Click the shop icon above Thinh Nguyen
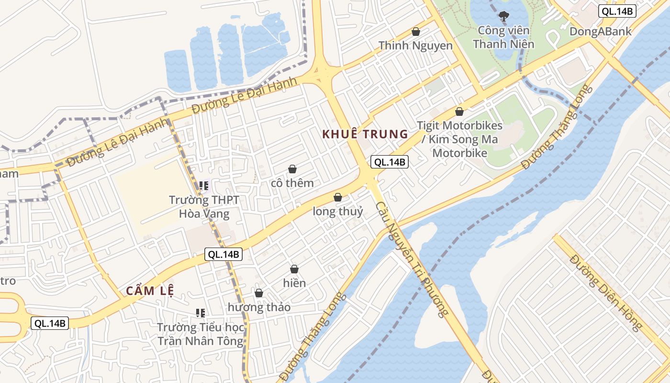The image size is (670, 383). coord(416,32)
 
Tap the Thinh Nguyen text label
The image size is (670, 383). coord(415,45)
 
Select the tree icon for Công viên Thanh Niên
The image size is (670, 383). coord(503,16)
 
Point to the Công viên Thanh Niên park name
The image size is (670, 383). coord(503,37)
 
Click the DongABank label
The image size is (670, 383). coord(600,32)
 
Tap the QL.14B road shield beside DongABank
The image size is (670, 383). coord(617,11)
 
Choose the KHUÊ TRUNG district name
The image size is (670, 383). coord(365,134)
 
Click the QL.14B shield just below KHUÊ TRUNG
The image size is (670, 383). coord(390,162)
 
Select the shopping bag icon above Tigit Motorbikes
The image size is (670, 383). coord(459,112)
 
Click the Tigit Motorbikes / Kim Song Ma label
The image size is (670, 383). coord(460,139)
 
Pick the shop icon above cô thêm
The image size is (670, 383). coord(292,169)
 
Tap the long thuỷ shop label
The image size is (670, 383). coord(338,211)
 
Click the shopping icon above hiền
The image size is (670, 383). coord(294,269)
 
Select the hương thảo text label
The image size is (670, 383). coord(259,307)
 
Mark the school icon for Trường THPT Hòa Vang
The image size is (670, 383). coord(204,185)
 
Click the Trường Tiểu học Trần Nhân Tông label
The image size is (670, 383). coord(201,334)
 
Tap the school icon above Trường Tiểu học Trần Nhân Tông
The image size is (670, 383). coord(201,313)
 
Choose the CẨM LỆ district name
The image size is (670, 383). coord(150,291)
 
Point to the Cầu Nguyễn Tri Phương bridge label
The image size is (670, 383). coord(412,259)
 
